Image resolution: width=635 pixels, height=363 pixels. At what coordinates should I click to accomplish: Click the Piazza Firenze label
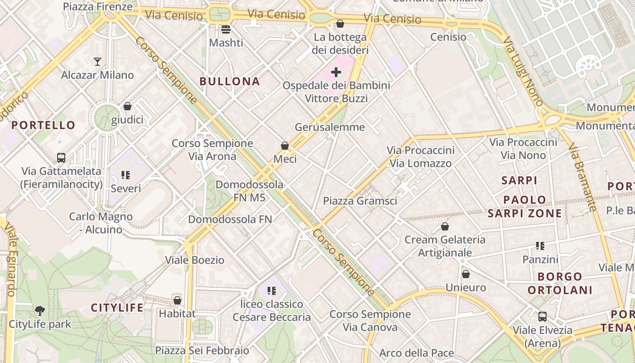pos(98,6)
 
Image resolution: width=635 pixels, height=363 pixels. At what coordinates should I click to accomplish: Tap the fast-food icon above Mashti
pos(226,29)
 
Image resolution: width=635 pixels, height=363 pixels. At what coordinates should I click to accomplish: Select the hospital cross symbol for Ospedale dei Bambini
pos(336,72)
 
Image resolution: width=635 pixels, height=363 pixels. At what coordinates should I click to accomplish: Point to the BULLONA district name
pos(230,82)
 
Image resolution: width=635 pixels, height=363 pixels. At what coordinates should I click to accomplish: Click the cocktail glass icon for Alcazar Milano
pos(97,62)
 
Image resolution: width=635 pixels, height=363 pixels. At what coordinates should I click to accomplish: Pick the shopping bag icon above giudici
pos(127,106)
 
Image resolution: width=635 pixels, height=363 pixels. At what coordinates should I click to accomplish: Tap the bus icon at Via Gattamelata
pos(61,158)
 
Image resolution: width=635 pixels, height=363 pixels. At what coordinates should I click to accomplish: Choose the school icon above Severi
pos(126,175)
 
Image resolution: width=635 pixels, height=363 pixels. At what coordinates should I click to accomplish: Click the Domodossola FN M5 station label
pos(249,191)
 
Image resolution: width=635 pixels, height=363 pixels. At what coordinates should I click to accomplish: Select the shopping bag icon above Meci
pos(285,146)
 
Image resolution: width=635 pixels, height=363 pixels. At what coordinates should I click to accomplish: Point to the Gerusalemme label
pos(330,127)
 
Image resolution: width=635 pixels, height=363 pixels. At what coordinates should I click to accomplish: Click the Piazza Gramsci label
pos(360,201)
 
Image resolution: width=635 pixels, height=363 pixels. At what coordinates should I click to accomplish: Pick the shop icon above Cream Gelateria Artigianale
pos(445,226)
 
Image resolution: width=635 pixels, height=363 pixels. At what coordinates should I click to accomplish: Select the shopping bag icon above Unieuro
pos(465,274)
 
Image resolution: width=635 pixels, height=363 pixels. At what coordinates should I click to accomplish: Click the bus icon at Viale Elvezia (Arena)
pos(542,317)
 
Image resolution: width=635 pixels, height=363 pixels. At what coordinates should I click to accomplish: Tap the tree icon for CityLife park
pos(40,311)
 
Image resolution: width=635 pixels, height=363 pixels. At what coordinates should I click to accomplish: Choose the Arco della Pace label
pos(416,353)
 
